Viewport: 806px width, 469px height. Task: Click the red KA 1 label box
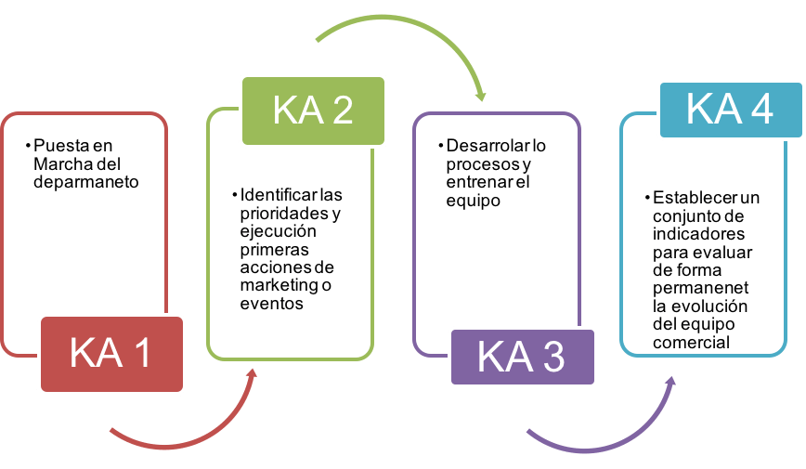(x=110, y=354)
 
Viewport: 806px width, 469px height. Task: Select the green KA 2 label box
(x=313, y=110)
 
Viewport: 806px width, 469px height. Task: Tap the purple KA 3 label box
(x=521, y=357)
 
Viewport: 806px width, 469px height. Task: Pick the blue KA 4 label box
(x=730, y=109)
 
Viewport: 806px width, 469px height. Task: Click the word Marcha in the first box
(x=58, y=164)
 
